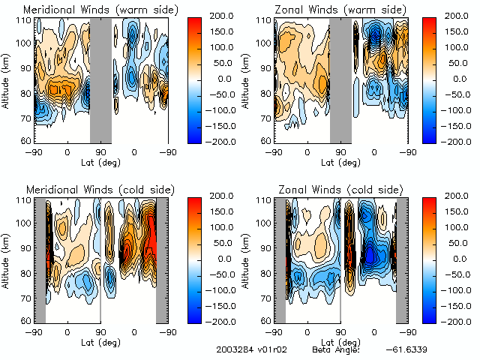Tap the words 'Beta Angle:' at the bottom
click(x=336, y=349)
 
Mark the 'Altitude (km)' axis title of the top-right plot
click(x=247, y=79)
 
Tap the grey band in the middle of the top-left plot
click(x=100, y=79)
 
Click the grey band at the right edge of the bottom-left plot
click(x=161, y=259)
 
